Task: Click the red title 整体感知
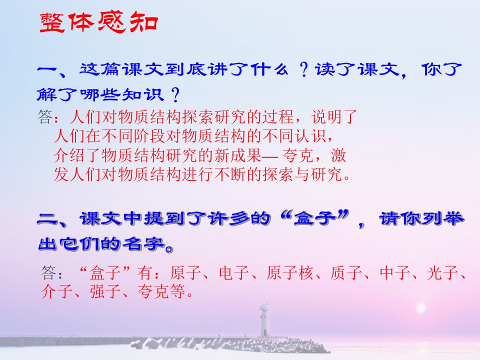98,23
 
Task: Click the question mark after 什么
302,71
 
